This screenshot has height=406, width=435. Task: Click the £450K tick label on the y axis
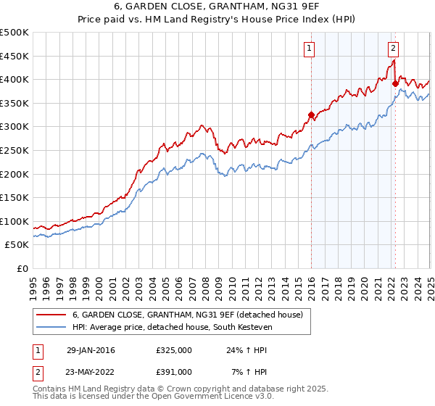pyautogui.click(x=14, y=56)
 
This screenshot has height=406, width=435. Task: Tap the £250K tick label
pyautogui.click(x=14, y=150)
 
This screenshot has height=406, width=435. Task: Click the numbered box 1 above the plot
pyautogui.click(x=309, y=49)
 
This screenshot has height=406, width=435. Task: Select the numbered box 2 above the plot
pyautogui.click(x=393, y=49)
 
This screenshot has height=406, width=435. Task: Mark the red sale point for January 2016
pyautogui.click(x=311, y=115)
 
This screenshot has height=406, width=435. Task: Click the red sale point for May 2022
pyautogui.click(x=395, y=83)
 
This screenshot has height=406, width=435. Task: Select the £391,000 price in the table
pyautogui.click(x=174, y=372)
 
